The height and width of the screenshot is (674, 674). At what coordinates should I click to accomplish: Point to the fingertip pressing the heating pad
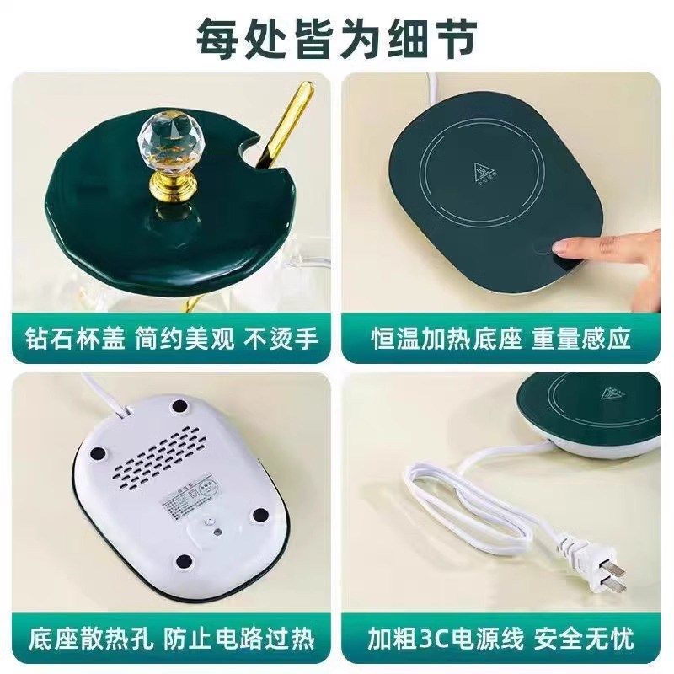click(563, 246)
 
